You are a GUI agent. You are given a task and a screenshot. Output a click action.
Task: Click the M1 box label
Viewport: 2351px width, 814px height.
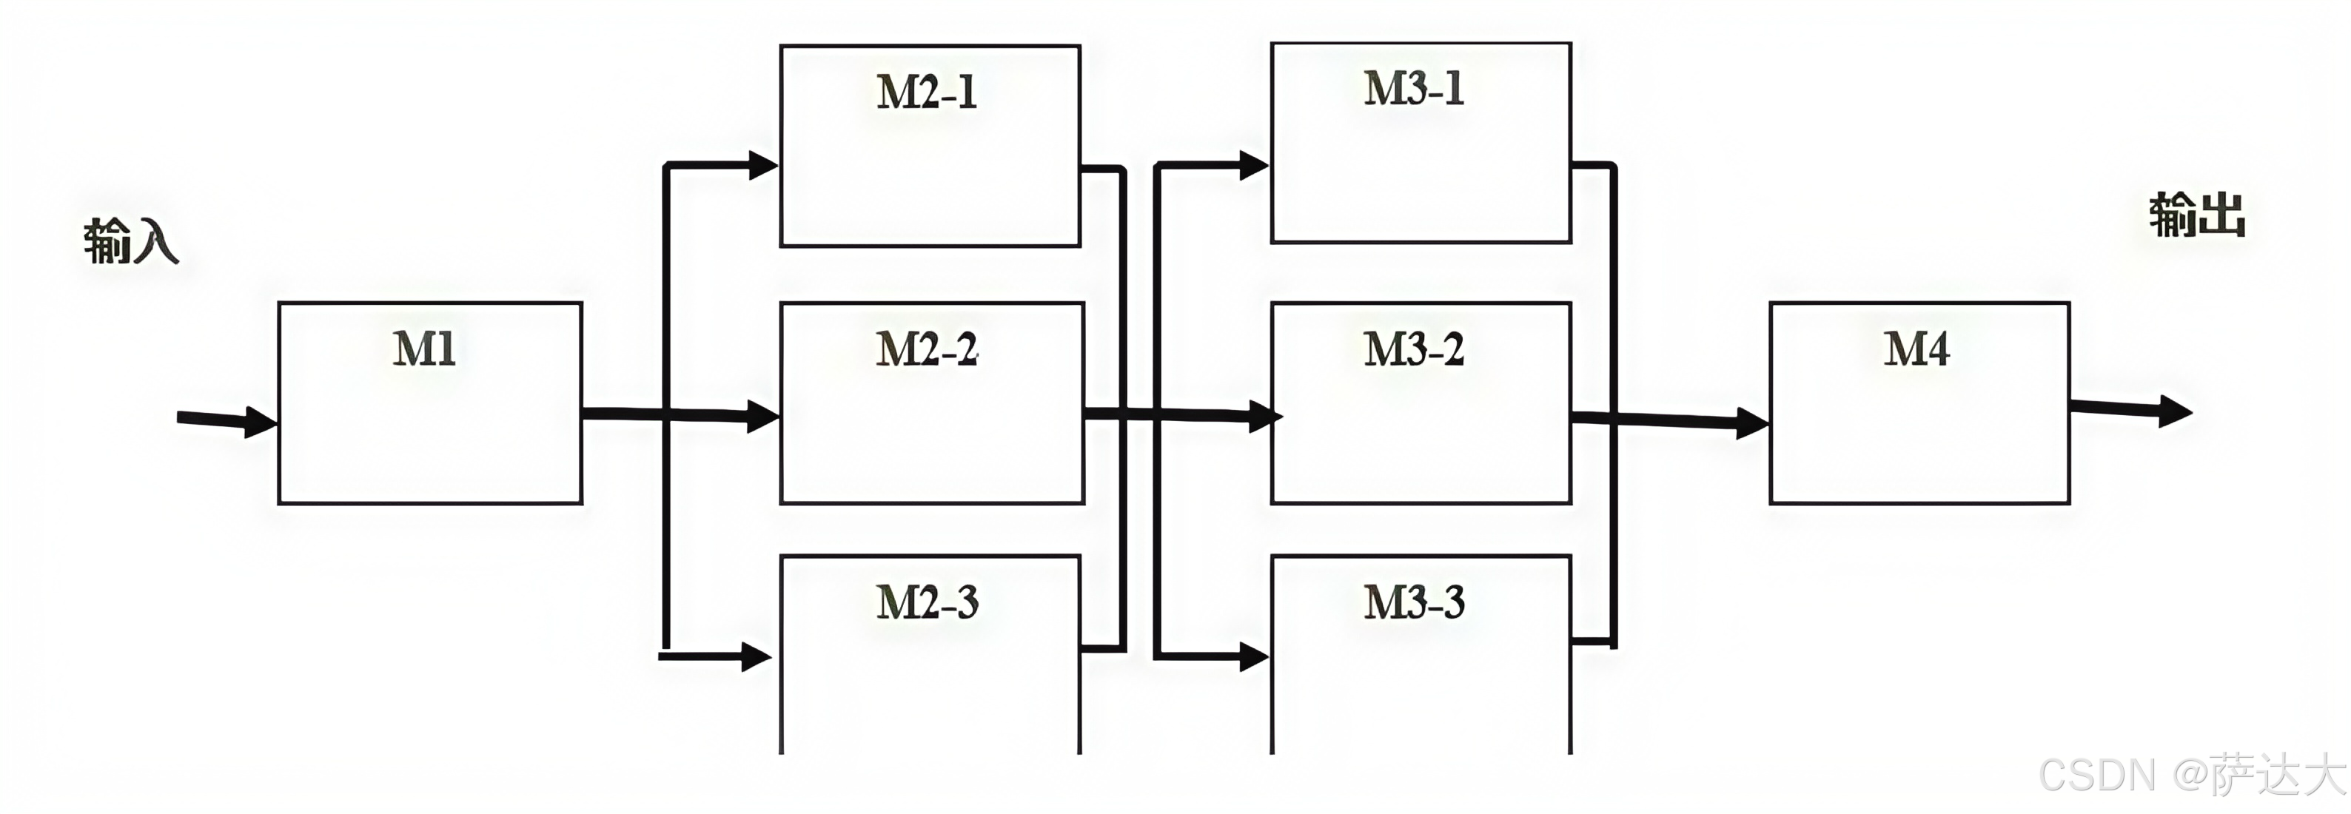tap(424, 349)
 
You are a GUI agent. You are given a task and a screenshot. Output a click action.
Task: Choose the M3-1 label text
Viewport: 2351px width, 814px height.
tap(1415, 89)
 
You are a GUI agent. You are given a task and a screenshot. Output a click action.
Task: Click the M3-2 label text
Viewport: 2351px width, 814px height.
tap(1415, 349)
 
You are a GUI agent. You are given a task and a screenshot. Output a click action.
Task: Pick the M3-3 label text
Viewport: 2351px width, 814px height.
tap(1415, 602)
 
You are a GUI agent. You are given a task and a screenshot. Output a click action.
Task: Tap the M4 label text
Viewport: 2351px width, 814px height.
tap(1916, 349)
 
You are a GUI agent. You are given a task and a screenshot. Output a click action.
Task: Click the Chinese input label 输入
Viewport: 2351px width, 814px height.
tap(130, 241)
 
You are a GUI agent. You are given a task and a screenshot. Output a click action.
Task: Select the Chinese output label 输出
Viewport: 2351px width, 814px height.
tap(2197, 215)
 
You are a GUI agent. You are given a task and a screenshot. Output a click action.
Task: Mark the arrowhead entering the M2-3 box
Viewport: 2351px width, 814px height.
tap(757, 656)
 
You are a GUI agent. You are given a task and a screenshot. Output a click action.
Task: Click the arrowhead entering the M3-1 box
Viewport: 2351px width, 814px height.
tap(1254, 165)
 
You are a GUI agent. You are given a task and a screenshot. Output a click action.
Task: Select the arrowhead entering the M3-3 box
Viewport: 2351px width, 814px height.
tap(1254, 656)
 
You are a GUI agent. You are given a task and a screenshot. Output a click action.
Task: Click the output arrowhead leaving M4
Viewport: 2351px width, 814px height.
tap(2176, 411)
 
